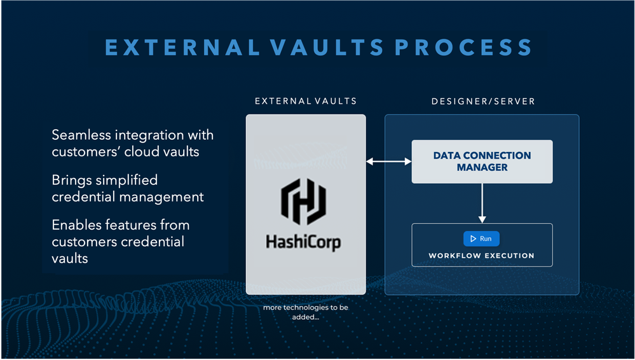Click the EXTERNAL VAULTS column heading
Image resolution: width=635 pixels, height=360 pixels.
[306, 101]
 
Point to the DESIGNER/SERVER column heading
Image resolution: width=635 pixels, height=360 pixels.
[482, 101]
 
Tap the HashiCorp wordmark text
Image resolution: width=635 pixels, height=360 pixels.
[304, 242]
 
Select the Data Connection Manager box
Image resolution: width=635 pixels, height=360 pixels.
[482, 162]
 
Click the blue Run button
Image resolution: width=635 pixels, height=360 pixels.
[481, 239]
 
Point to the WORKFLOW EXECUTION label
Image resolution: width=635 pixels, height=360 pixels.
[481, 256]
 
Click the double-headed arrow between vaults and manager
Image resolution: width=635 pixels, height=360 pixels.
[388, 162]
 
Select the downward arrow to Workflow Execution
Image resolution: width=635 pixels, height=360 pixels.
[482, 202]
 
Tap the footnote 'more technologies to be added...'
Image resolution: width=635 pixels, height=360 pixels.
[306, 312]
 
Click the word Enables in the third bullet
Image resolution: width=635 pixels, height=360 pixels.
[74, 225]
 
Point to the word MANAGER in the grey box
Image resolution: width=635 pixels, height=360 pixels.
[482, 168]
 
